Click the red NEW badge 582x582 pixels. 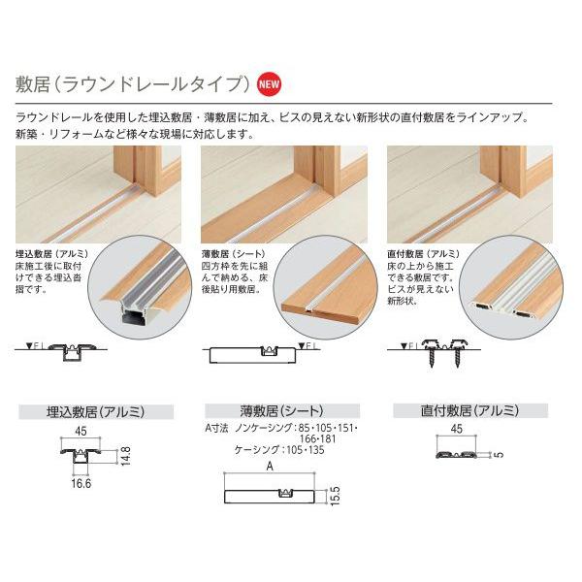(x=270, y=82)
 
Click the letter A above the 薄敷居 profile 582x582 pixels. (x=271, y=465)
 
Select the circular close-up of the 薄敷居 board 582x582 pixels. (x=326, y=278)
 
